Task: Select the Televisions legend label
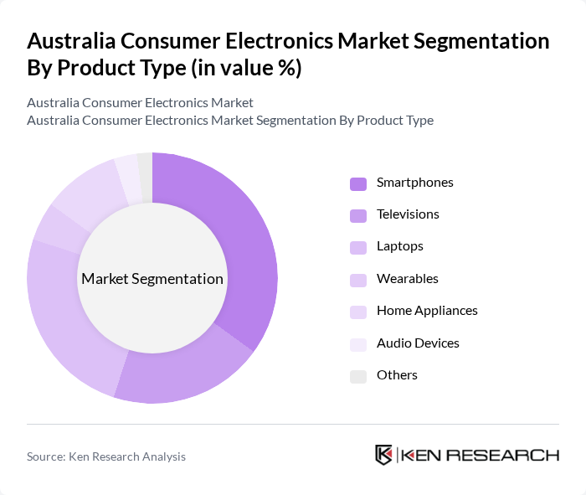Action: (408, 214)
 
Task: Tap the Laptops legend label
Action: (399, 246)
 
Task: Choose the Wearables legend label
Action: (407, 279)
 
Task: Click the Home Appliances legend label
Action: (427, 311)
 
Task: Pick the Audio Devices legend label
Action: (418, 343)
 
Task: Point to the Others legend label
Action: (397, 375)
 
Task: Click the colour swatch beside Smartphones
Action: (358, 183)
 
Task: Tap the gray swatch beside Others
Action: (358, 376)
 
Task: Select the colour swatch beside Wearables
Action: (358, 280)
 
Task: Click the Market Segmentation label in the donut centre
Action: (152, 279)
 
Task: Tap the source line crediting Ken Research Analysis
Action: (106, 456)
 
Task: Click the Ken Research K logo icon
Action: (384, 456)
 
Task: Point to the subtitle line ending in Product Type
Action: (230, 120)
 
